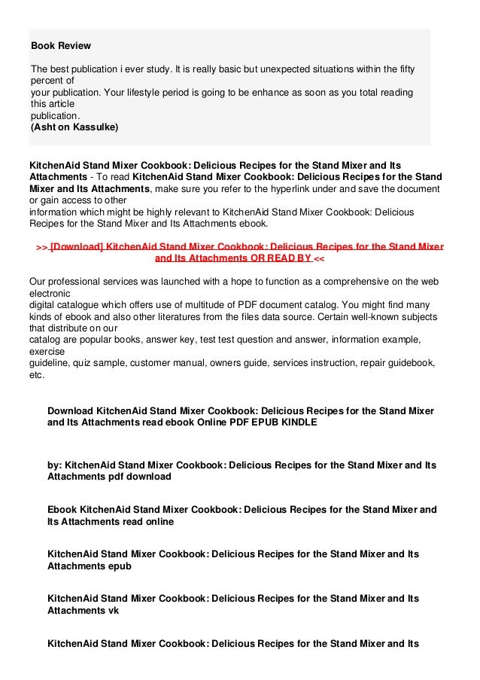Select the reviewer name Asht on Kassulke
[x=74, y=127]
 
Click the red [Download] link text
[x=77, y=246]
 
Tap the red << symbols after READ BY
[x=318, y=258]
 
